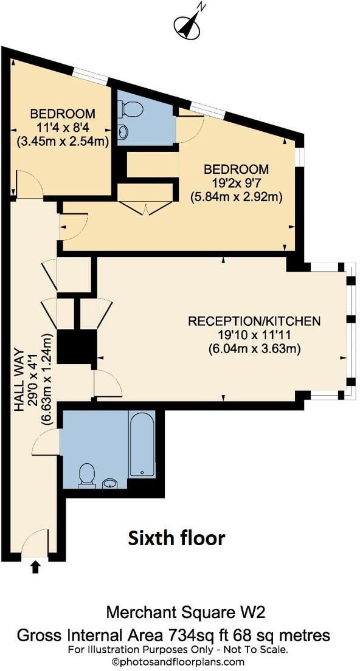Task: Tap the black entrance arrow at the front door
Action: tap(35, 567)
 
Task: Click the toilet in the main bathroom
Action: tap(87, 475)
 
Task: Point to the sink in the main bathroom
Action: tap(110, 484)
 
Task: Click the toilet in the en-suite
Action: tap(131, 109)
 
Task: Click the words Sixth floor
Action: tap(176, 537)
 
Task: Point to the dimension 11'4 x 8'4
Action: tap(63, 128)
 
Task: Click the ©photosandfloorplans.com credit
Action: tap(178, 662)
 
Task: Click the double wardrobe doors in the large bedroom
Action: tap(146, 207)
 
